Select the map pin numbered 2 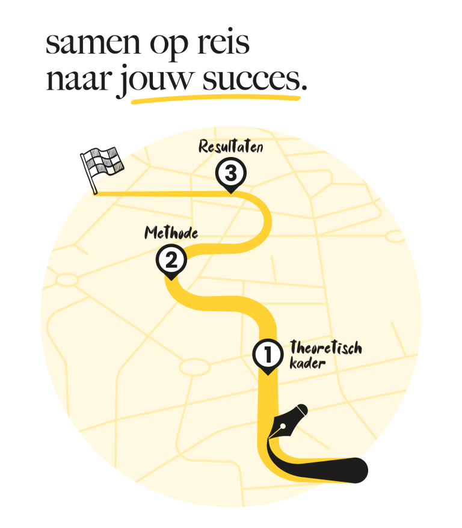click(x=171, y=262)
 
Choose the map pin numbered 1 click(x=267, y=355)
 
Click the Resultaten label click(x=230, y=147)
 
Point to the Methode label click(x=171, y=232)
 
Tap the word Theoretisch click(x=325, y=348)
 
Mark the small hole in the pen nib click(x=282, y=427)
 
